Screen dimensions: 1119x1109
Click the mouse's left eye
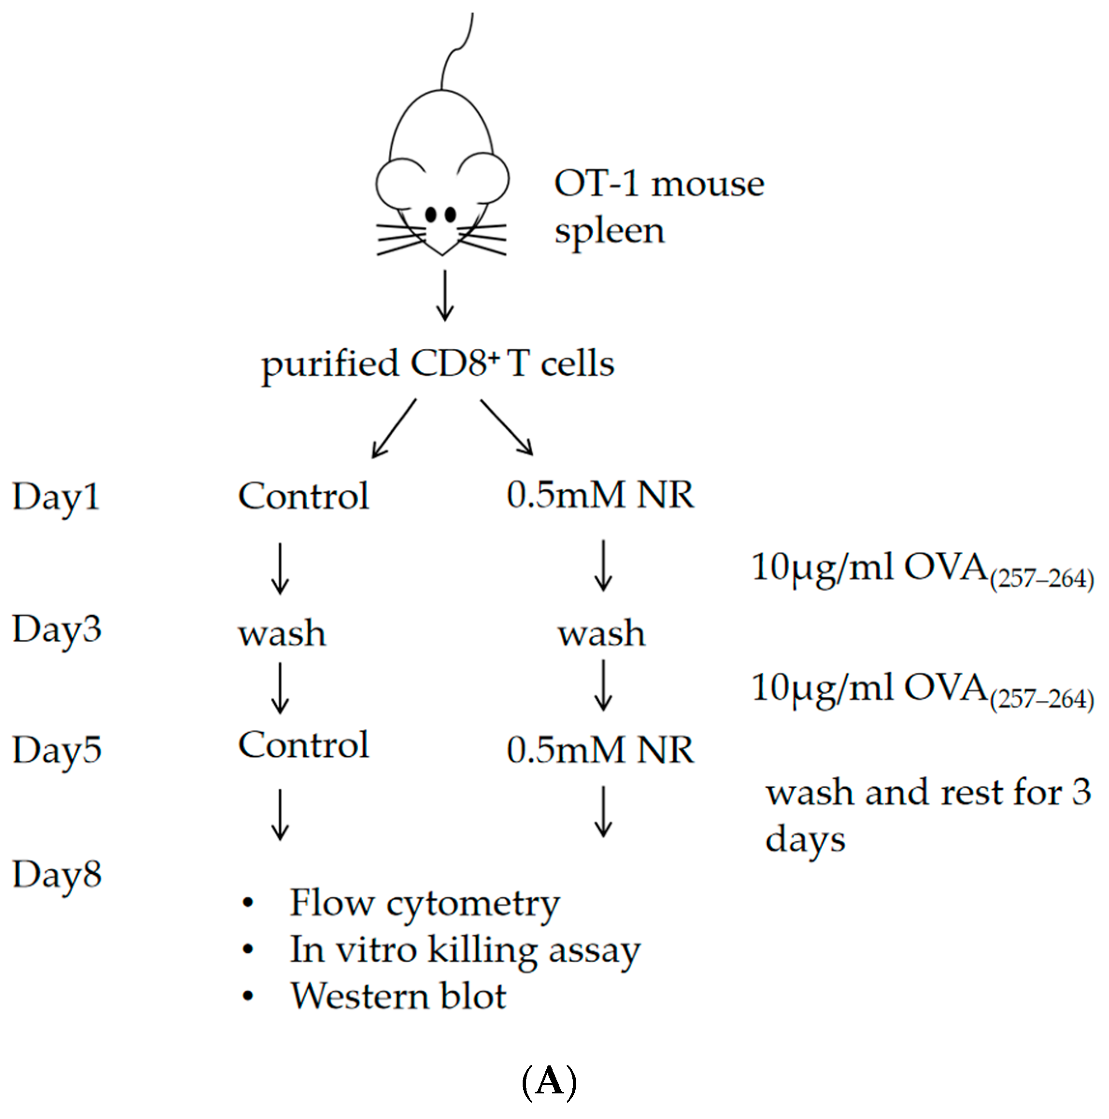[x=430, y=215]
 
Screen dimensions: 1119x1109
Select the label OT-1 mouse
[x=659, y=184]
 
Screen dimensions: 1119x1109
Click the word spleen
[x=609, y=232]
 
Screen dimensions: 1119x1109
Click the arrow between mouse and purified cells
[x=444, y=295]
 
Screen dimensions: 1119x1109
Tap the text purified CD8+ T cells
[x=438, y=364]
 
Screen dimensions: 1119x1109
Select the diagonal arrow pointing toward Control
[x=394, y=428]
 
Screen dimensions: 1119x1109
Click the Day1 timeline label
[x=56, y=497]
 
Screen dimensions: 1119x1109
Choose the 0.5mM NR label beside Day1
[x=600, y=495]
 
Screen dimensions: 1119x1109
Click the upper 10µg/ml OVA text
[x=921, y=569]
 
